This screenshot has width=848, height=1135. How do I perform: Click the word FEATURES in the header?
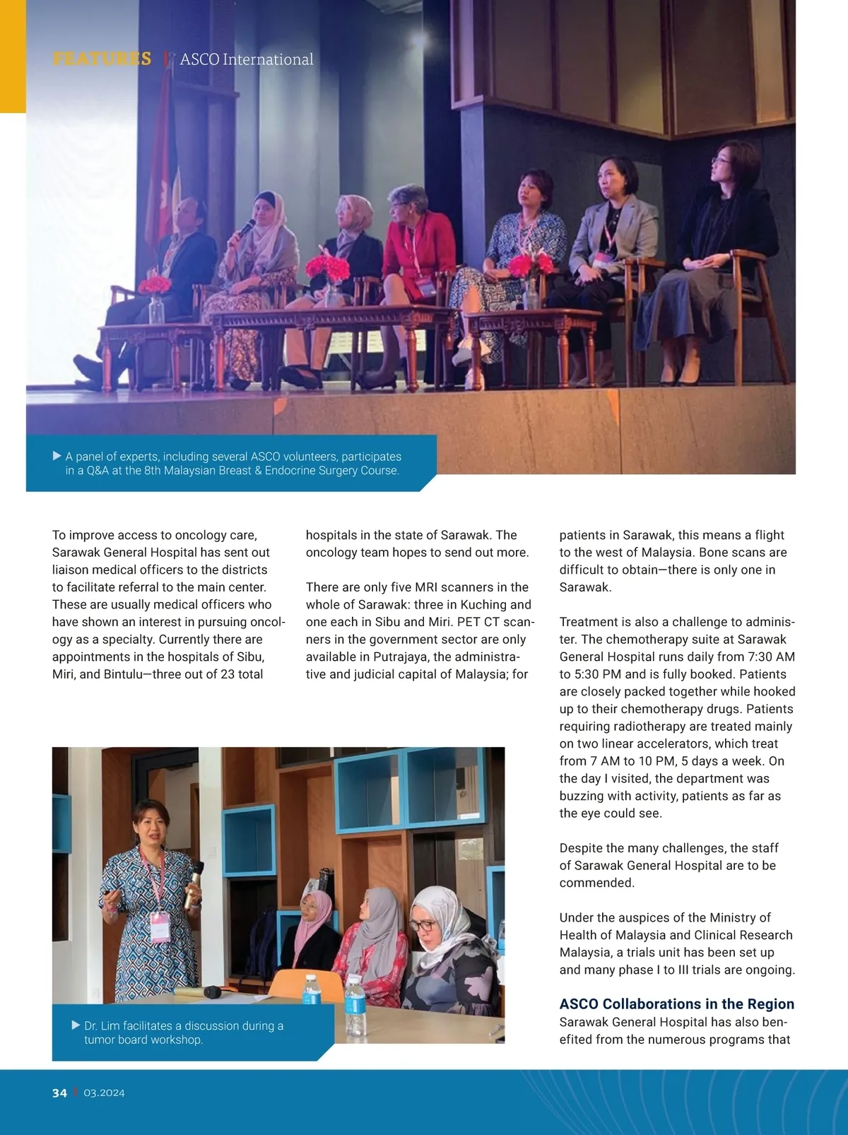pyautogui.click(x=102, y=59)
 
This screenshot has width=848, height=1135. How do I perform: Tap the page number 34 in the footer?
pyautogui.click(x=59, y=1093)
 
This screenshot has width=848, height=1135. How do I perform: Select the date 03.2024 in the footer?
pyautogui.click(x=104, y=1093)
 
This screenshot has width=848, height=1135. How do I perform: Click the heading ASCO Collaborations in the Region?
pyautogui.click(x=676, y=1004)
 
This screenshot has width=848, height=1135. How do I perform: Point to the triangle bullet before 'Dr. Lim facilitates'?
pyautogui.click(x=76, y=1025)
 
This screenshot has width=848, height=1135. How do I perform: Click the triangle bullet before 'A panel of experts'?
pyautogui.click(x=57, y=456)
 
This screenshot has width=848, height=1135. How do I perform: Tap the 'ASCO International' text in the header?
pyautogui.click(x=246, y=59)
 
